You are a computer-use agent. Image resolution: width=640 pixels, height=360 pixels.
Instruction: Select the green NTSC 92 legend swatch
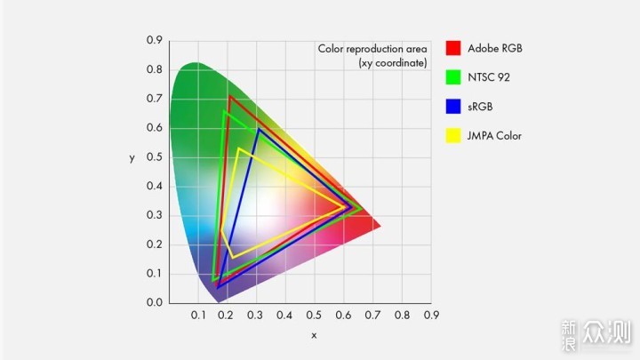coord(453,77)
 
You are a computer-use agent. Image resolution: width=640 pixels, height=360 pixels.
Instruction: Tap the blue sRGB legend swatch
coord(453,107)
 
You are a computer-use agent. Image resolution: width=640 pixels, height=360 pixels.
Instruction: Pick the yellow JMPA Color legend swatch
coord(453,136)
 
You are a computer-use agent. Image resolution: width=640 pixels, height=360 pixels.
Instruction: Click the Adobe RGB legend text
coord(495,48)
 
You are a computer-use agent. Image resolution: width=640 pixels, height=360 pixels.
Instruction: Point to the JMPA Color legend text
coord(495,136)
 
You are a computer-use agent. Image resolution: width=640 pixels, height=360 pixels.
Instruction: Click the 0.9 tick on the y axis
coord(154,41)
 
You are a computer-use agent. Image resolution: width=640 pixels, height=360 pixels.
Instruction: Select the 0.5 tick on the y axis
coord(154,157)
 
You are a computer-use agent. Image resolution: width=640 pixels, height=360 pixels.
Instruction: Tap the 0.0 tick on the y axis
coord(154,303)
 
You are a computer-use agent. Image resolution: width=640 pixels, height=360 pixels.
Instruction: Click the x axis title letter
coord(314,335)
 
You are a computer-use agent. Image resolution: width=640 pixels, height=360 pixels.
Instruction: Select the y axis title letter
coord(131,158)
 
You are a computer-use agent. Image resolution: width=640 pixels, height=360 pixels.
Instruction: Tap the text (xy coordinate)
coord(393,62)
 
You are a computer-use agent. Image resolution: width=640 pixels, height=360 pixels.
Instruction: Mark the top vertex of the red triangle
coord(229,96)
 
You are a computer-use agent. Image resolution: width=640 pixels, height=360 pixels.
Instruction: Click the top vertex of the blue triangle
coord(259,129)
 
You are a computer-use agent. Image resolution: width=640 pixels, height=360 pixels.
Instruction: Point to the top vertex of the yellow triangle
coord(238,148)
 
